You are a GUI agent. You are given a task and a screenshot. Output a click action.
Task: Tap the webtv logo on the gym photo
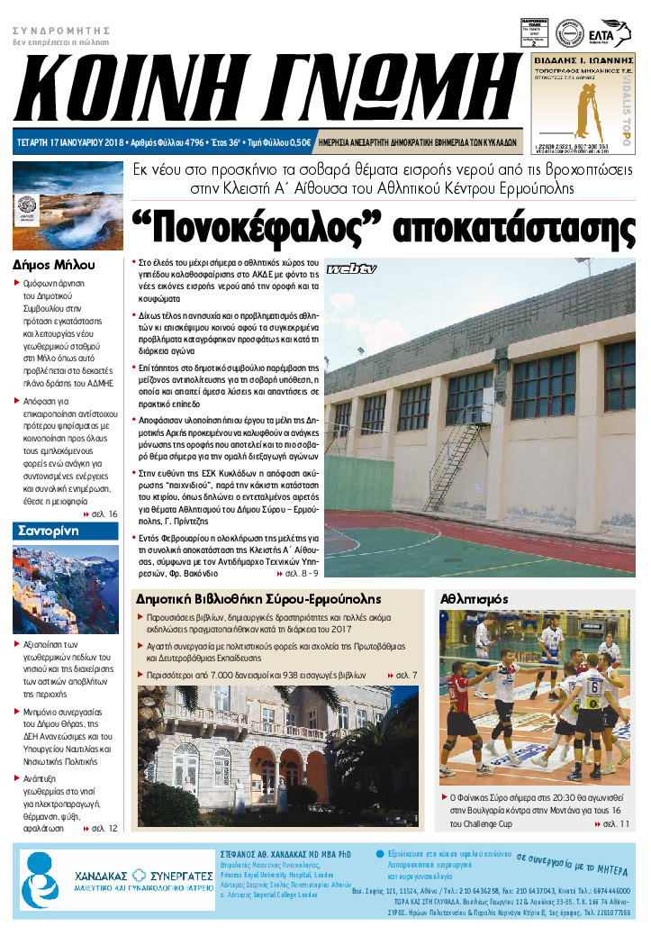(350, 268)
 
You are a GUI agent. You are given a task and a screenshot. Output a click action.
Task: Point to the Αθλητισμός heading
(475, 598)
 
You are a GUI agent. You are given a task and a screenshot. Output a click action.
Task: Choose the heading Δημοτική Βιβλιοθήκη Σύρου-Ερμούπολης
(258, 599)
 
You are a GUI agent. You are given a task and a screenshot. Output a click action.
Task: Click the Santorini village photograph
(65, 589)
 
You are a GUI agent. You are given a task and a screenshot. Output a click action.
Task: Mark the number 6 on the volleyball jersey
(593, 687)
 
